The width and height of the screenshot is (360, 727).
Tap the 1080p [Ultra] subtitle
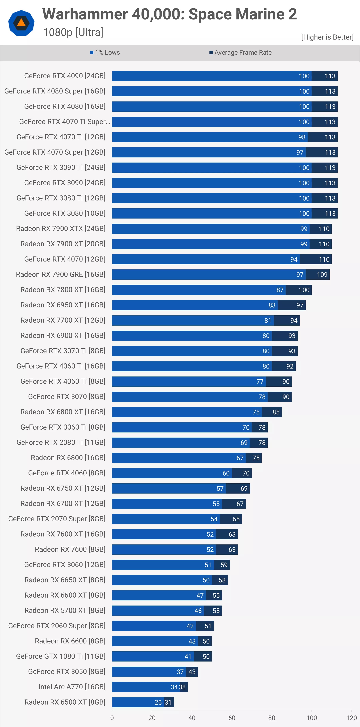pos(73,32)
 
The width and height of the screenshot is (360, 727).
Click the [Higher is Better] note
pos(327,37)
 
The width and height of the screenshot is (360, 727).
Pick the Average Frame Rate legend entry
pos(240,52)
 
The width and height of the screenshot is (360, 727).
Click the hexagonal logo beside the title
pos(21,23)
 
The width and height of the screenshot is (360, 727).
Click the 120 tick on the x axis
pos(351,718)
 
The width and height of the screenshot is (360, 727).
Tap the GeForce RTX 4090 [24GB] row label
pos(65,76)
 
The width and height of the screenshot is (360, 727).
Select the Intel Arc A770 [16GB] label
pos(72,687)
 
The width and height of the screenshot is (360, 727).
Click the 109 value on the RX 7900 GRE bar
pos(322,275)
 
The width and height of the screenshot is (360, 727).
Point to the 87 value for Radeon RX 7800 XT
pos(280,290)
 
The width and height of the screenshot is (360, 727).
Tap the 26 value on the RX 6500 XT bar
pos(158,702)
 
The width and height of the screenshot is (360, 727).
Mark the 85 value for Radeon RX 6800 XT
pos(276,412)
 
